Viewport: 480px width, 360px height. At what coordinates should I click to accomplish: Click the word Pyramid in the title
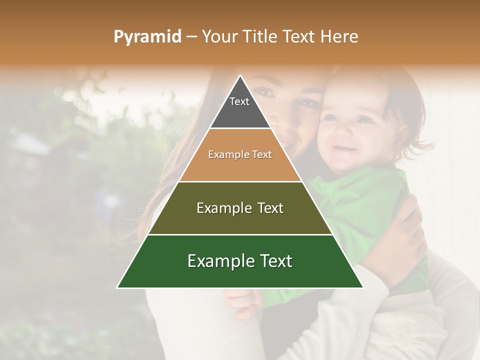pyautogui.click(x=147, y=37)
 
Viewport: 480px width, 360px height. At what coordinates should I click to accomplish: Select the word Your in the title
pyautogui.click(x=220, y=37)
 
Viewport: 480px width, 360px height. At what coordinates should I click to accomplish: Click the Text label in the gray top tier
pyautogui.click(x=239, y=101)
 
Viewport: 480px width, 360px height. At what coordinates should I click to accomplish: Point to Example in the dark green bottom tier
pyautogui.click(x=220, y=261)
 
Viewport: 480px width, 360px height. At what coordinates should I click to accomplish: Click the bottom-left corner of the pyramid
pyautogui.click(x=117, y=287)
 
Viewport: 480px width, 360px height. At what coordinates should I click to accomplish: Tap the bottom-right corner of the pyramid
pyautogui.click(x=363, y=287)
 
